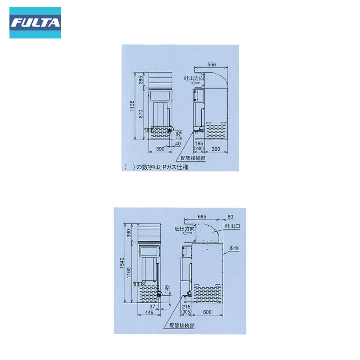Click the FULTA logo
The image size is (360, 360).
tap(35, 22)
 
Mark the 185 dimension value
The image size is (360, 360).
tap(199, 143)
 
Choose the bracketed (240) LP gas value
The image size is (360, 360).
tap(199, 148)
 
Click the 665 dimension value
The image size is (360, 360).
tap(202, 216)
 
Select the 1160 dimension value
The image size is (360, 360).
tap(129, 275)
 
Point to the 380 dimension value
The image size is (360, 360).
tap(129, 233)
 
